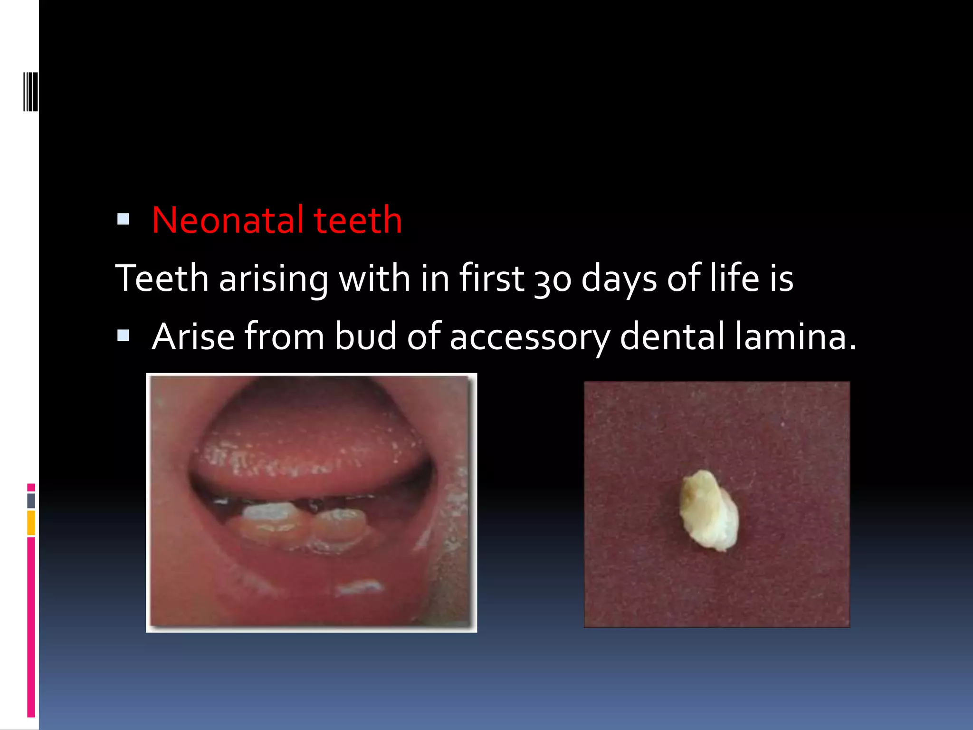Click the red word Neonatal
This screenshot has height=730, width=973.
tap(227, 220)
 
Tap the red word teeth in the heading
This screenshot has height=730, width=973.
tap(357, 220)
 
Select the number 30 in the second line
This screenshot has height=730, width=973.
tap(553, 279)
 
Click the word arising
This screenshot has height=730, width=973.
tap(273, 279)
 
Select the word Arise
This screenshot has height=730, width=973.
tap(193, 336)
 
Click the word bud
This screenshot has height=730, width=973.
tap(365, 336)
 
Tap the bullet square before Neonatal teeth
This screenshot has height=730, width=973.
tap(123, 219)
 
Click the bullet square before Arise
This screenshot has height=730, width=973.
tap(123, 336)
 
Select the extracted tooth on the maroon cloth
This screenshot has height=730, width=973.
tap(708, 510)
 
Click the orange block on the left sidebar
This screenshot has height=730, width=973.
tap(31, 522)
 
